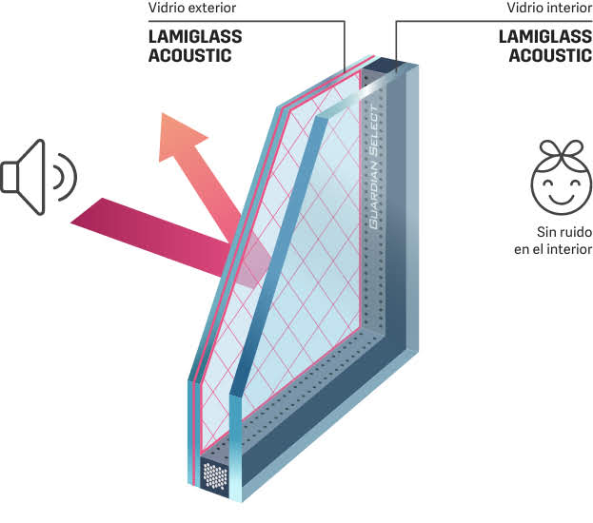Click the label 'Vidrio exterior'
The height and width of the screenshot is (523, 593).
click(x=190, y=9)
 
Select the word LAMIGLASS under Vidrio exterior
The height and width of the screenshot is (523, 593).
click(x=195, y=37)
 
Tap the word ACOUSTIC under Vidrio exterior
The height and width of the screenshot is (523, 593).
click(x=190, y=55)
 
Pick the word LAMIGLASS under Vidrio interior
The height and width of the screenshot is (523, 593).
click(x=545, y=37)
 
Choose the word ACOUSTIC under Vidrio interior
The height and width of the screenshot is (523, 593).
click(x=550, y=55)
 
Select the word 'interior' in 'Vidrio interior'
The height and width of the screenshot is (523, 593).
click(x=567, y=9)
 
